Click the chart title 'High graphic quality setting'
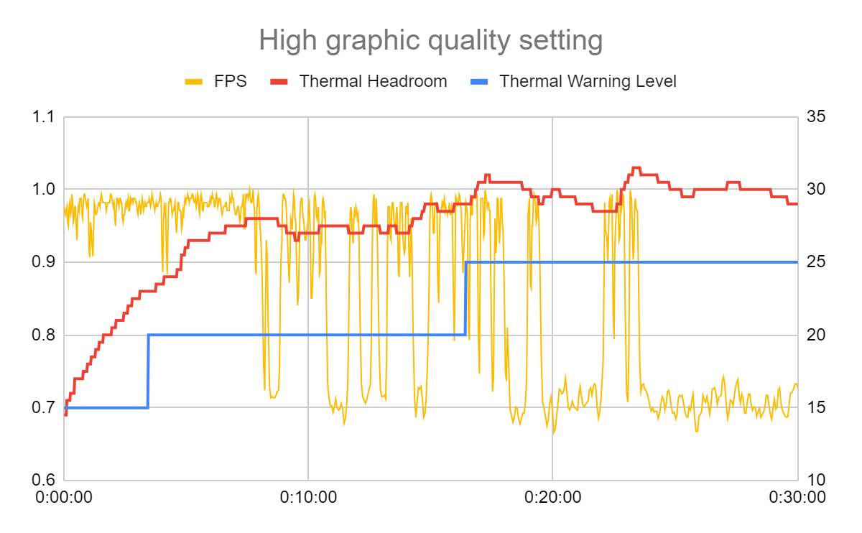click(x=430, y=40)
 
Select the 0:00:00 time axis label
click(x=65, y=496)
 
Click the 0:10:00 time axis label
click(x=308, y=496)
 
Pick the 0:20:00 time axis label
click(x=552, y=496)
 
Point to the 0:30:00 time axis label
click(x=796, y=496)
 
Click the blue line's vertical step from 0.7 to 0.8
click(x=148, y=371)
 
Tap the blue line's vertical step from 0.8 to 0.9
click(x=465, y=299)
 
